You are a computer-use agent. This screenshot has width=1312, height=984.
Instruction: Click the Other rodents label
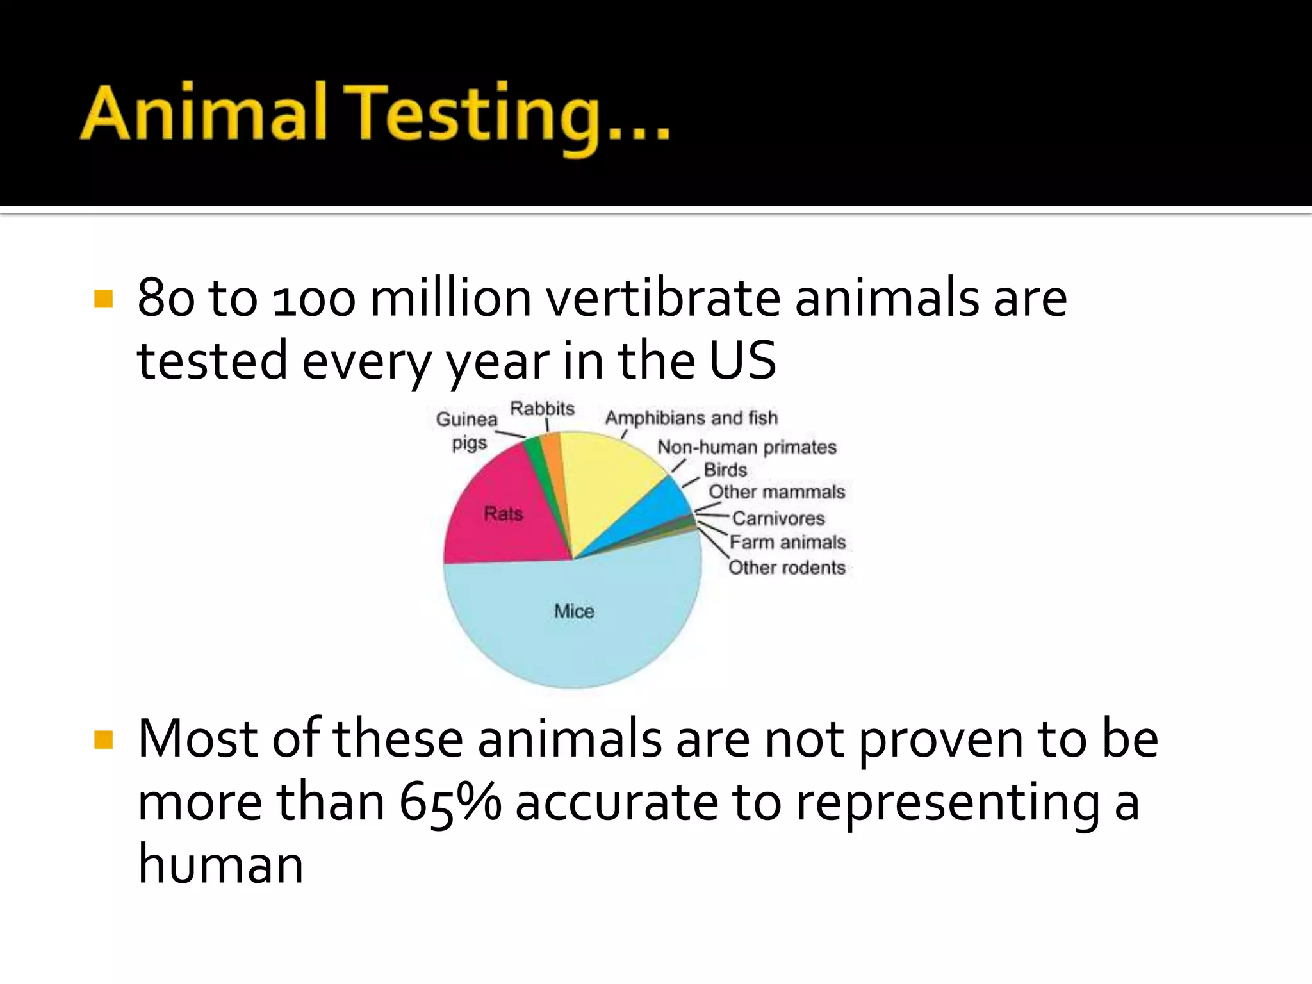(x=787, y=568)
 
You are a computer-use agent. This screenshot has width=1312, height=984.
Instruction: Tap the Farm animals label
(x=787, y=542)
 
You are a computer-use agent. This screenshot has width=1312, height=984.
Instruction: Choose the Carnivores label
(x=778, y=518)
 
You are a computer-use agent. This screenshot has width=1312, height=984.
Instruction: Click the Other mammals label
(x=776, y=492)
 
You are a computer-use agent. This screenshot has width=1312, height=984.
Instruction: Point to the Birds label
(x=725, y=470)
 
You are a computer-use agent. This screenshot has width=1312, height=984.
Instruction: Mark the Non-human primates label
(x=747, y=447)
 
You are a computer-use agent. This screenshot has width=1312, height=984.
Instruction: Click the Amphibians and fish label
(x=691, y=418)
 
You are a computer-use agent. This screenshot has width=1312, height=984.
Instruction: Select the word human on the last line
(x=220, y=864)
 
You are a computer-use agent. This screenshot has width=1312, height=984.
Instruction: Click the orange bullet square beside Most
(x=103, y=740)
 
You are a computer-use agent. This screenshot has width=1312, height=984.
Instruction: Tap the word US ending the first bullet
(x=742, y=360)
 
